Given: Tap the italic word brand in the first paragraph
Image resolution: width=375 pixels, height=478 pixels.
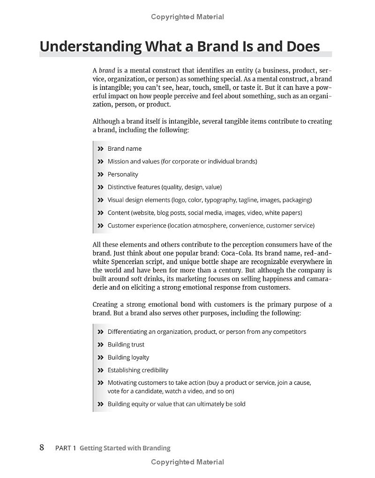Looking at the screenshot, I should click(106, 70).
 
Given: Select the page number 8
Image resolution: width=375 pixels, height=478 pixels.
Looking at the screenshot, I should click(42, 448).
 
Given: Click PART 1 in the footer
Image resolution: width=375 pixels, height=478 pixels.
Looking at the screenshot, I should click(66, 448).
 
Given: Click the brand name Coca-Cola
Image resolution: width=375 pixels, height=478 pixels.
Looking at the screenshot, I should click(237, 253).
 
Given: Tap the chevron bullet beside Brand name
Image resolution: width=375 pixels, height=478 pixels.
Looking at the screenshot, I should click(100, 148).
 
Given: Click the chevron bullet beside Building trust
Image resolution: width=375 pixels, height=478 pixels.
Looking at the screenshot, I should click(100, 345).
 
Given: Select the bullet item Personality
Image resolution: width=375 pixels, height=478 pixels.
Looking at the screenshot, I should click(123, 174).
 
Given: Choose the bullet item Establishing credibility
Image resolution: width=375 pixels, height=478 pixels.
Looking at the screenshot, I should click(138, 370).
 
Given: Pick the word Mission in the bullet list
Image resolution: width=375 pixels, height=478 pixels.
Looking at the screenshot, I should click(118, 162).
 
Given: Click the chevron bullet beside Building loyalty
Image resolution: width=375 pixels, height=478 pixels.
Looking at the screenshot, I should click(100, 357).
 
